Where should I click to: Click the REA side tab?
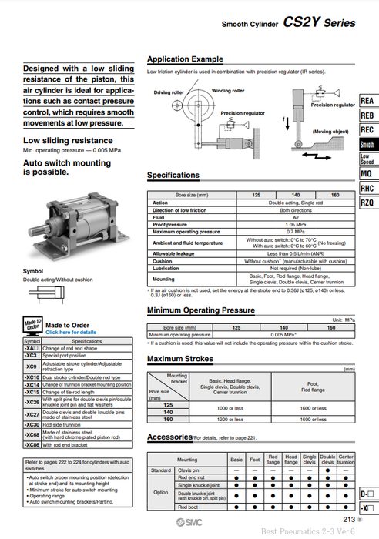[367, 101]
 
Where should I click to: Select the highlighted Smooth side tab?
[367, 144]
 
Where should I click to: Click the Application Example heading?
[185, 59]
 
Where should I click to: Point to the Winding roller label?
[228, 90]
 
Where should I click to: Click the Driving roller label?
[169, 93]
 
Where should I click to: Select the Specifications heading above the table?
[173, 176]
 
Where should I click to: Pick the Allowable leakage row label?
[173, 253]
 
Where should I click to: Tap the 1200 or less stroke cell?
[230, 419]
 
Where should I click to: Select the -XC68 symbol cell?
[32, 436]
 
